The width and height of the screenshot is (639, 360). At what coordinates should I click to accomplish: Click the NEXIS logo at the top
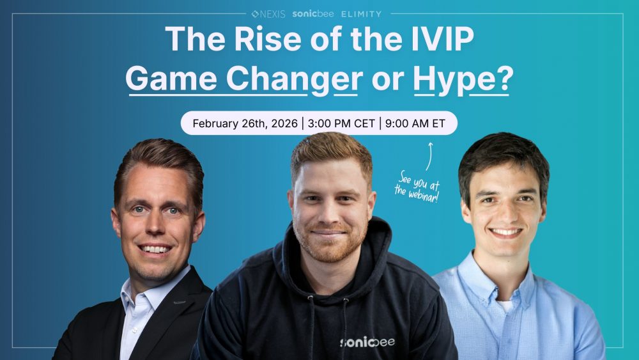pyautogui.click(x=268, y=13)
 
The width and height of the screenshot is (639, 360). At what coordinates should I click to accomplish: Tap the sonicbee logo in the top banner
pyautogui.click(x=312, y=13)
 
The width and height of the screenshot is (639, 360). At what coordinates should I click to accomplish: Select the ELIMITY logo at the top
pyautogui.click(x=361, y=13)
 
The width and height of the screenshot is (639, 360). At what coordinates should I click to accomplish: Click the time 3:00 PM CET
pyautogui.click(x=341, y=123)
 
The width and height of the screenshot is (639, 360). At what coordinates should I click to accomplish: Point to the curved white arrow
pyautogui.click(x=429, y=155)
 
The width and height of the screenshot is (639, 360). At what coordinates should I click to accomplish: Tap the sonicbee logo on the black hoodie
pyautogui.click(x=367, y=341)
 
